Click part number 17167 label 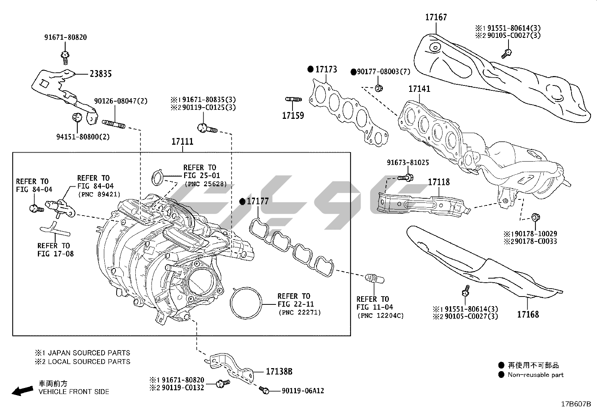[x=436, y=17]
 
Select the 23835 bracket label [x=100, y=74]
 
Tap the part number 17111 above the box [x=182, y=142]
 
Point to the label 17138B [x=279, y=372]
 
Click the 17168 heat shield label [x=528, y=315]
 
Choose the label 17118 [x=439, y=182]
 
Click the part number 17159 [x=293, y=115]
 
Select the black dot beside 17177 [x=242, y=202]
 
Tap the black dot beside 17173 [x=310, y=69]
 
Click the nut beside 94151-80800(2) [x=77, y=117]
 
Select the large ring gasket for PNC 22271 [x=246, y=304]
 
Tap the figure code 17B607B [x=576, y=405]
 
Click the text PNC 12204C [x=380, y=316]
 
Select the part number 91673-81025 [x=408, y=163]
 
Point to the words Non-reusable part [x=535, y=375]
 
